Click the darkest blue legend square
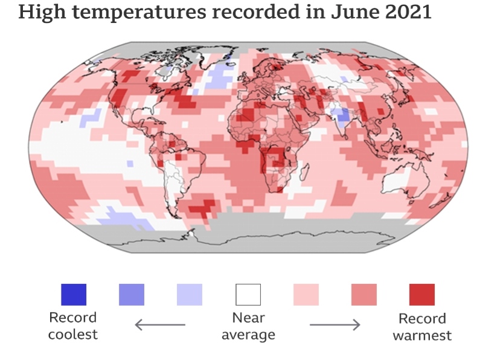[x=73, y=295]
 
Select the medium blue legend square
[x=131, y=295]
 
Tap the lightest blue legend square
[x=190, y=295]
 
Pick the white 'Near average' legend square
[x=248, y=295]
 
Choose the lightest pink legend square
[x=306, y=295]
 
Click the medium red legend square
[x=364, y=295]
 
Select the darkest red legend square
[x=422, y=295]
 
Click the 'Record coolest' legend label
[x=73, y=326]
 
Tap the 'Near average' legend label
[x=248, y=326]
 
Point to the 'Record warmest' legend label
[x=422, y=327]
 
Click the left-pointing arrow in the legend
[x=159, y=325]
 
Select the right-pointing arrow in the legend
[x=335, y=325]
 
